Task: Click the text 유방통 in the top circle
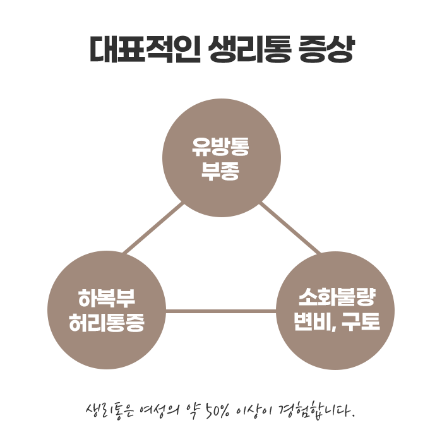point(221,147)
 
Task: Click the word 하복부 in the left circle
point(106,298)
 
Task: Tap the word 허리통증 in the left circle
point(106,323)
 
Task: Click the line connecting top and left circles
point(153,229)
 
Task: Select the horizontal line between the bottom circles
point(221,311)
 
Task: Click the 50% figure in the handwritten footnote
point(217,411)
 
